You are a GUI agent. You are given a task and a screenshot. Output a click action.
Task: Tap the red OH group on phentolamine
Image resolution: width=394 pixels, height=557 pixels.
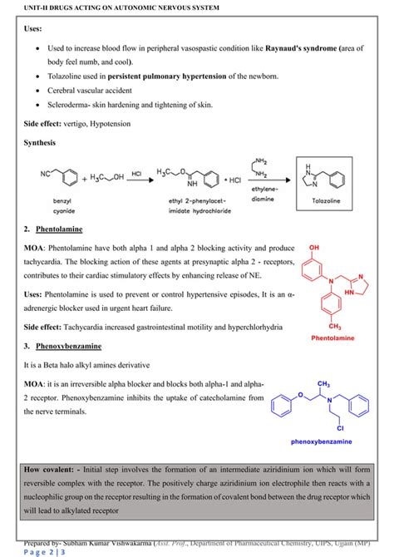313,247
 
